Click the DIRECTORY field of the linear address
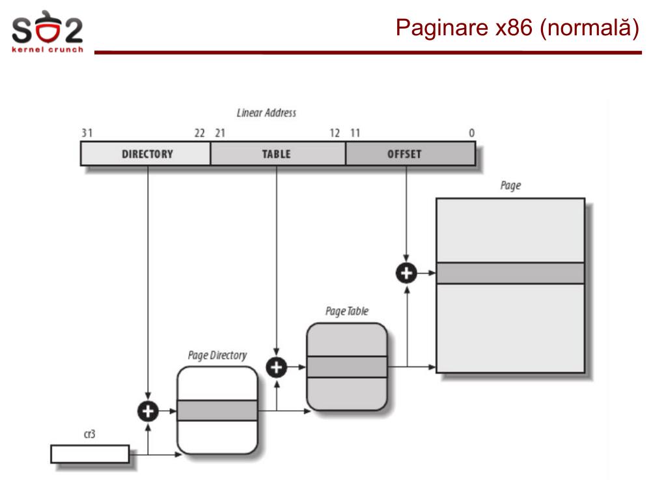(x=146, y=153)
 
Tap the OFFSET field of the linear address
(x=410, y=153)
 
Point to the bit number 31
(x=87, y=133)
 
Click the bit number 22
(x=200, y=133)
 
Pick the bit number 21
(x=220, y=133)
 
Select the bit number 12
(x=335, y=133)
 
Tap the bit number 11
(x=355, y=133)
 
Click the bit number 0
(x=471, y=133)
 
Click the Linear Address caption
(x=266, y=113)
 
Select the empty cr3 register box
(x=90, y=454)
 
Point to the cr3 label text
(x=90, y=434)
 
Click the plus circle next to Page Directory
(x=148, y=411)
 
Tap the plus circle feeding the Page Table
(x=277, y=368)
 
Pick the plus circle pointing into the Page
(x=406, y=273)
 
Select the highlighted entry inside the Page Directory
(x=217, y=410)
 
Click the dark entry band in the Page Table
(x=347, y=366)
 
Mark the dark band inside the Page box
(x=510, y=273)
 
